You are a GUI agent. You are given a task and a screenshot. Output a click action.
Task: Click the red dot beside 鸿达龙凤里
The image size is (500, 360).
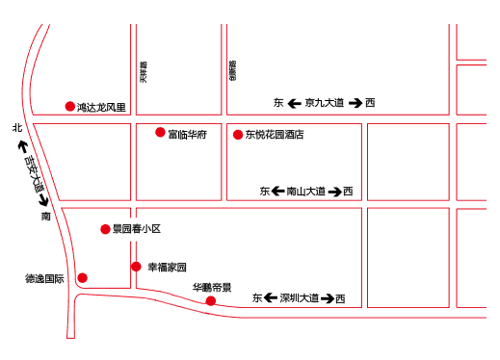69,107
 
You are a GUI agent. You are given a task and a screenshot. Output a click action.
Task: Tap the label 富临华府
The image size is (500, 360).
187,134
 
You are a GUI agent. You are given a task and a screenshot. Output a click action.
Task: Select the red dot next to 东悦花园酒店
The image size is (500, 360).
238,135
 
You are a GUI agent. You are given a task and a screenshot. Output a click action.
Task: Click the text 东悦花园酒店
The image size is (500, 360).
275,136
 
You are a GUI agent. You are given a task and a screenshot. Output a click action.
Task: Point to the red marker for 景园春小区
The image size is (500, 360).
106,229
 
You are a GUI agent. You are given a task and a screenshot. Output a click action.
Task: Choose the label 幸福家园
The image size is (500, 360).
167,267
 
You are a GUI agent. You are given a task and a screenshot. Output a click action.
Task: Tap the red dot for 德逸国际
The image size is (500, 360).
82,278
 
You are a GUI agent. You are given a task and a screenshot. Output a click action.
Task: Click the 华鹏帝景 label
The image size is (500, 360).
212,287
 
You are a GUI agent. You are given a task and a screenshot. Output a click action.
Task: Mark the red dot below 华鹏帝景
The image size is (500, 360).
211,301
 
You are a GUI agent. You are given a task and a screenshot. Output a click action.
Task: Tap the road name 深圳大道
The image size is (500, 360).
299,298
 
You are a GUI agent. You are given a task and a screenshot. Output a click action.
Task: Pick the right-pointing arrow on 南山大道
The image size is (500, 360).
334,192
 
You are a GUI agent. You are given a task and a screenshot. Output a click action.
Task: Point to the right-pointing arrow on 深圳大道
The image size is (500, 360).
328,298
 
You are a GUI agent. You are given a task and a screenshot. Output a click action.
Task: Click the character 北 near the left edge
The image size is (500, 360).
16,128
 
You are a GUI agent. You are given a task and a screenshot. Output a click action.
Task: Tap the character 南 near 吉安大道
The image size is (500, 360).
45,217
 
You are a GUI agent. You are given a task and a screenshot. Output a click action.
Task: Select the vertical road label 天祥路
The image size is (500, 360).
144,73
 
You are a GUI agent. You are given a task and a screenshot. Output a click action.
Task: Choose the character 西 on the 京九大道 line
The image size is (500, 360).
370,103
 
